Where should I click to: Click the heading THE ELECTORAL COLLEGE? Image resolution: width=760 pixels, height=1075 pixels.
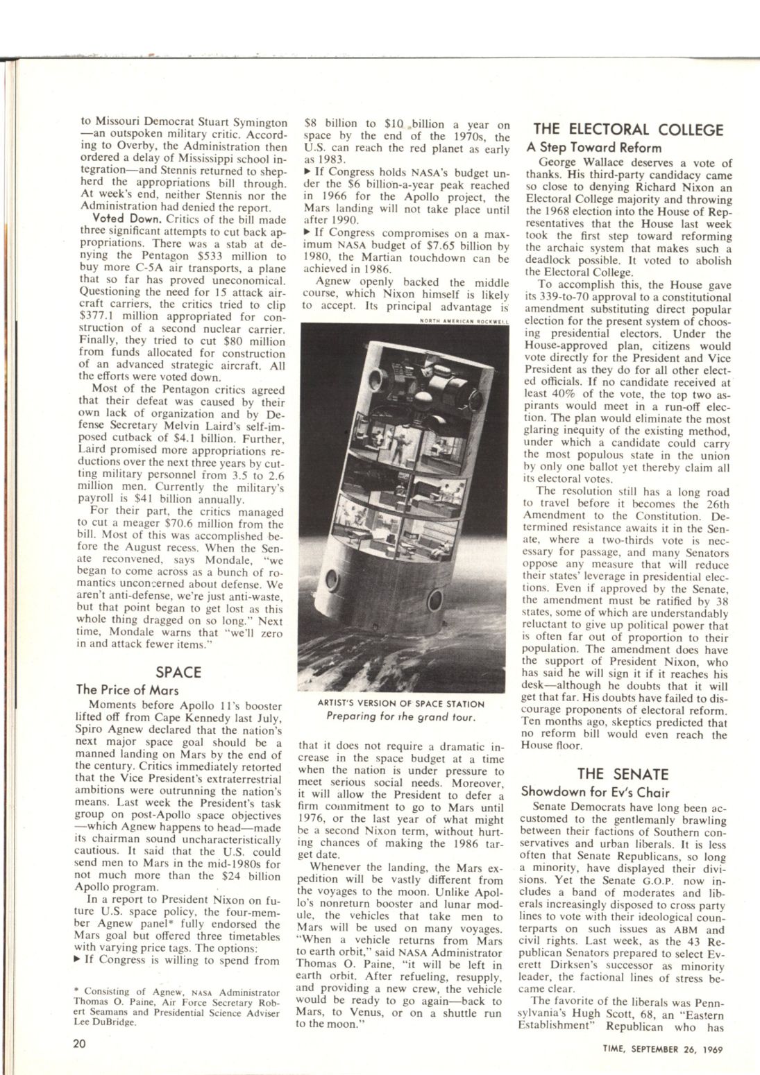[x=627, y=130]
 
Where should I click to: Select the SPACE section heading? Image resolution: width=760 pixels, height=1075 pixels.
[x=178, y=672]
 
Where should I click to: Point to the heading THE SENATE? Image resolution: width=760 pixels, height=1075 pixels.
[x=623, y=774]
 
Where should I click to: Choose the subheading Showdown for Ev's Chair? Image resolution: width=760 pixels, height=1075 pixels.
[x=595, y=791]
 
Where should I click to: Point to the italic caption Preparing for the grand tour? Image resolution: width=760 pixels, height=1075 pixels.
[x=400, y=716]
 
